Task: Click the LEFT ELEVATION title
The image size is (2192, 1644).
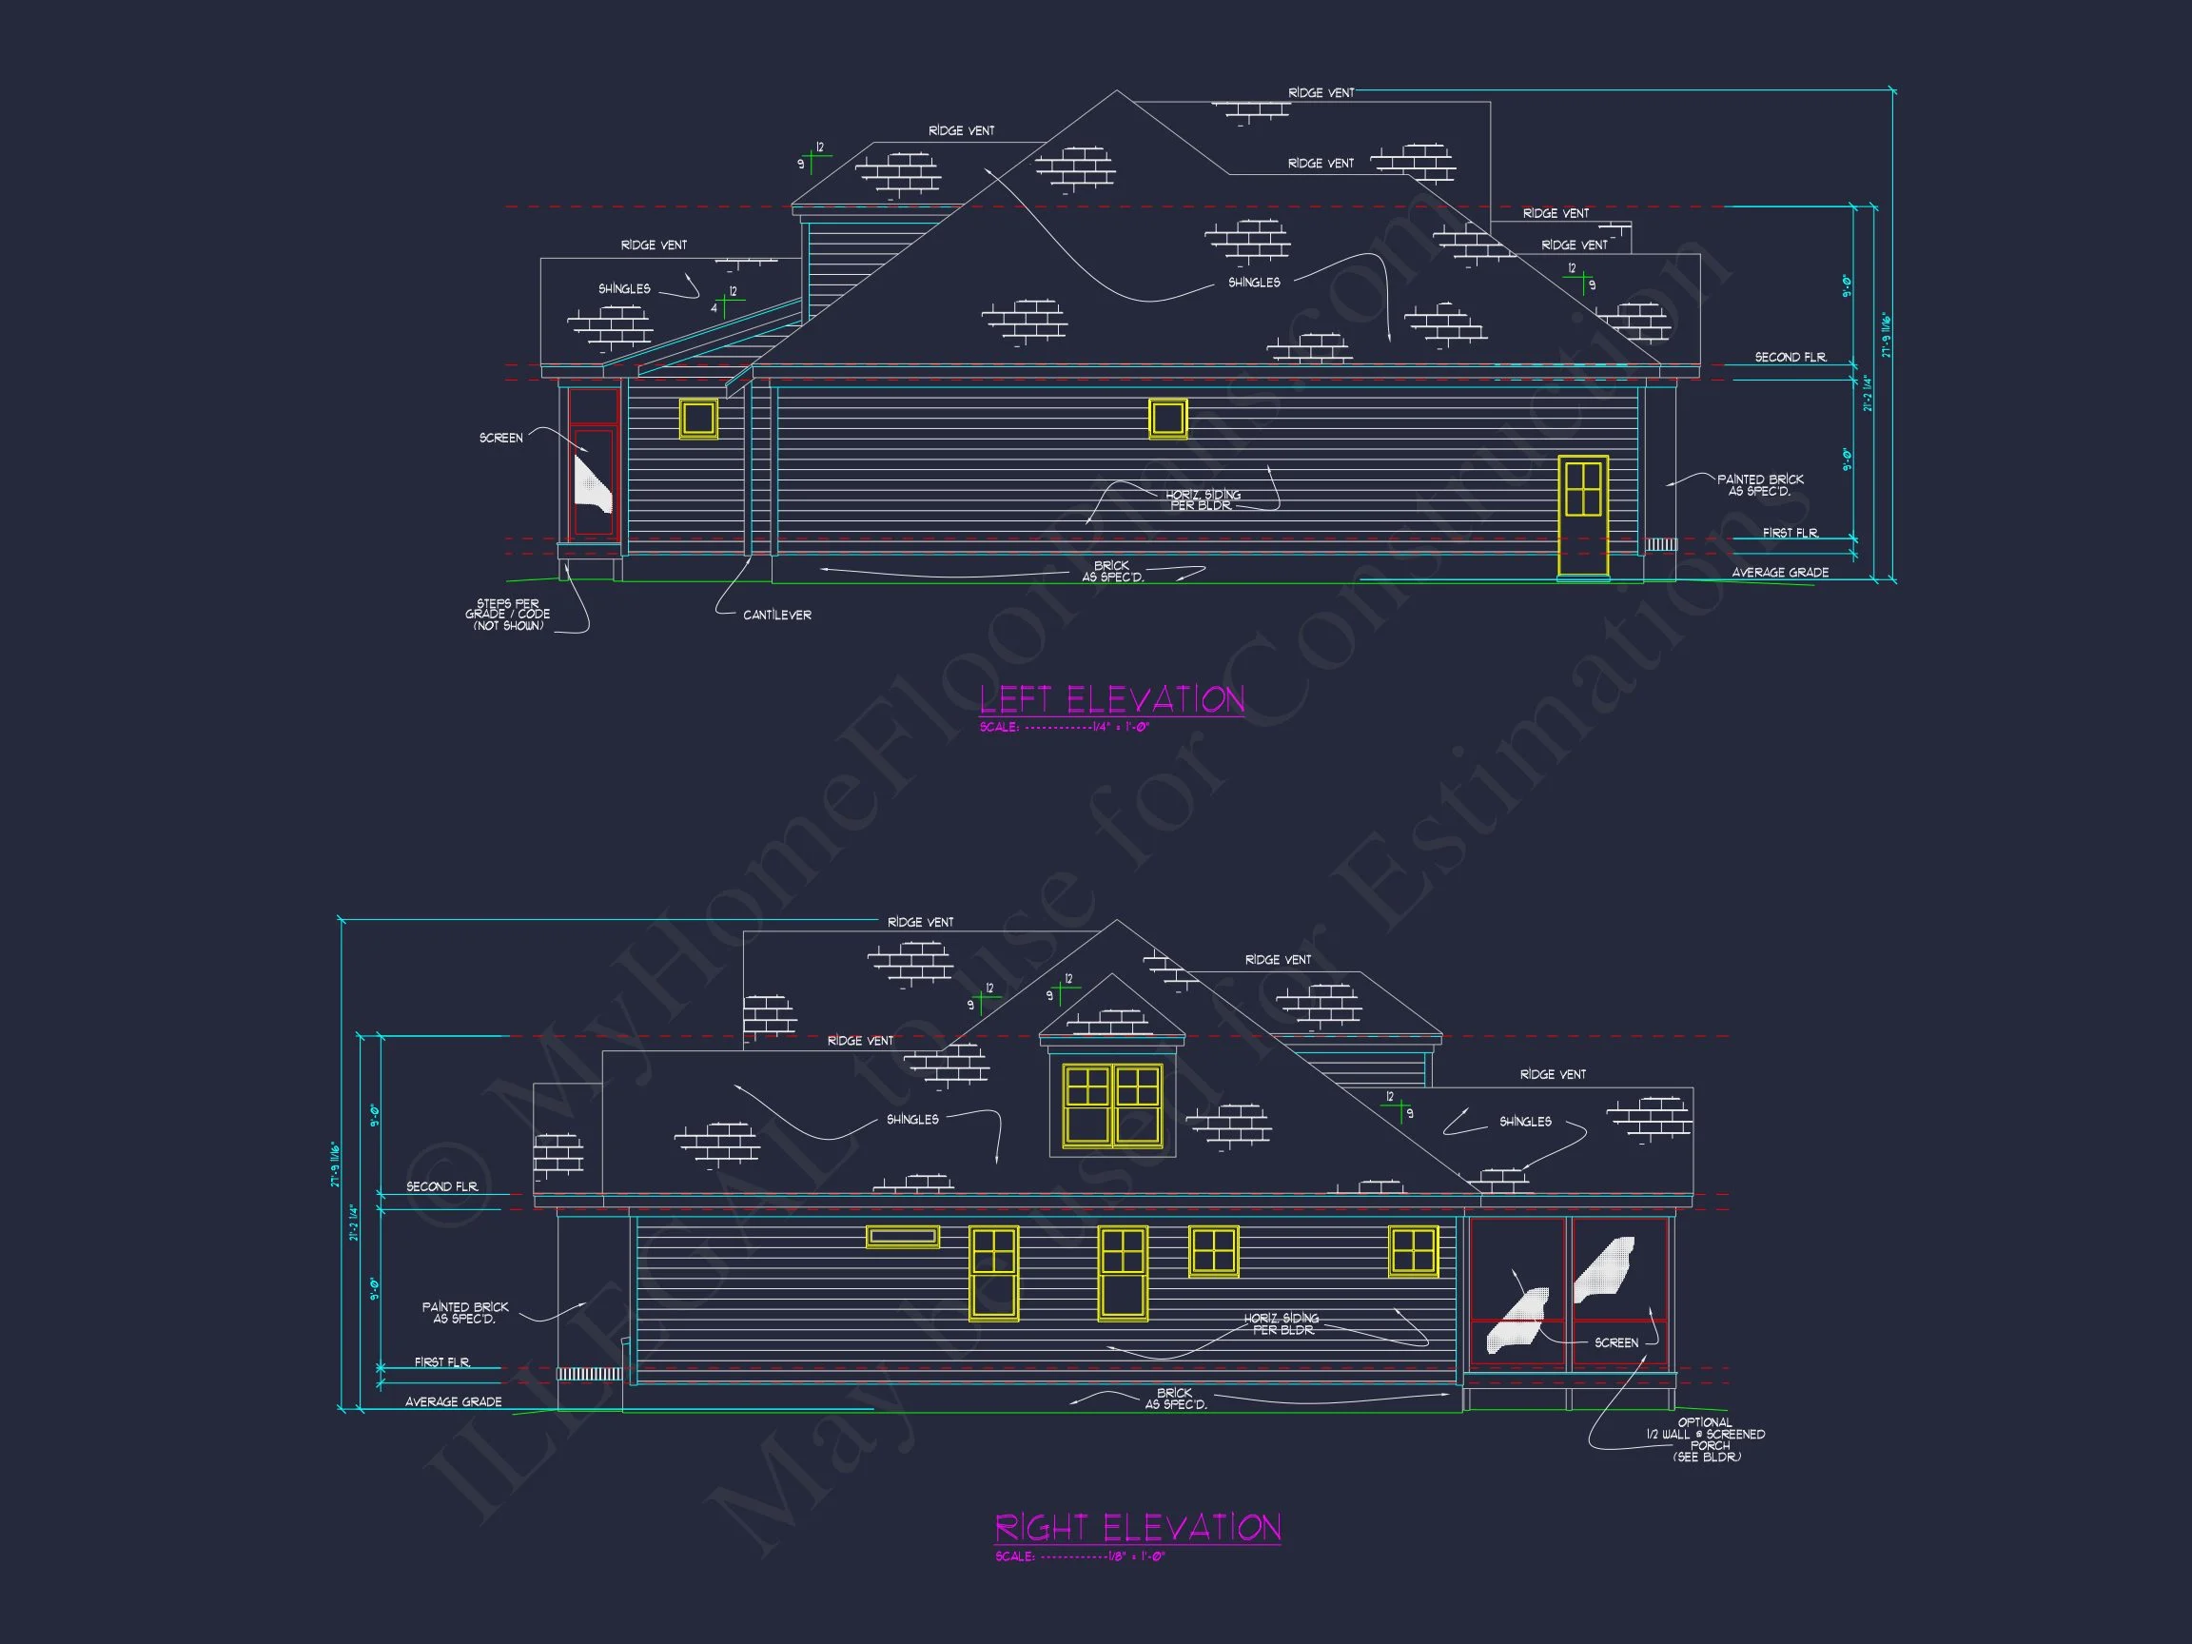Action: point(1111,699)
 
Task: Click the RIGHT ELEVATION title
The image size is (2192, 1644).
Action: point(1138,1527)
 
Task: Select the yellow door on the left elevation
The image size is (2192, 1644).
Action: point(1582,516)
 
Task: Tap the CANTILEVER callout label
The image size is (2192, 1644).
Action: point(777,616)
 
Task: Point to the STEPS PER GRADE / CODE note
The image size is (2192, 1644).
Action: point(507,615)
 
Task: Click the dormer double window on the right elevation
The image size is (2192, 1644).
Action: point(1112,1106)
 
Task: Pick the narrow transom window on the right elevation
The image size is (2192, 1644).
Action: point(902,1236)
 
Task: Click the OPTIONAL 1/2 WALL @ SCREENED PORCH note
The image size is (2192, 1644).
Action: point(1706,1439)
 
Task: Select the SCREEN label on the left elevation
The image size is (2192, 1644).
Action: point(500,438)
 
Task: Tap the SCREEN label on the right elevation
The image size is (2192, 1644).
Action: point(1615,1342)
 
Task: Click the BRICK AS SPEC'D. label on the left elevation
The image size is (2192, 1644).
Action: point(1112,572)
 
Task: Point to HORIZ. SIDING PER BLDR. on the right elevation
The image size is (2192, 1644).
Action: point(1282,1324)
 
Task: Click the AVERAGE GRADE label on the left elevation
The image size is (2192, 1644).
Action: point(1780,573)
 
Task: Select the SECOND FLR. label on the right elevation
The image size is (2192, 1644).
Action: point(442,1186)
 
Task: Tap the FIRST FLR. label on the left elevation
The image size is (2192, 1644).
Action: point(1791,533)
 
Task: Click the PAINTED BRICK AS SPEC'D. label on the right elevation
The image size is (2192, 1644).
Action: point(465,1313)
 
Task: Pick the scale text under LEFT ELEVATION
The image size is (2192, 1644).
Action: point(1064,728)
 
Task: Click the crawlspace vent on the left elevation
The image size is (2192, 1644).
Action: point(1661,545)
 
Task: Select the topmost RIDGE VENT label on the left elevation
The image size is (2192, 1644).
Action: point(1320,93)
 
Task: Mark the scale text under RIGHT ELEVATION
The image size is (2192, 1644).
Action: point(1080,1556)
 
